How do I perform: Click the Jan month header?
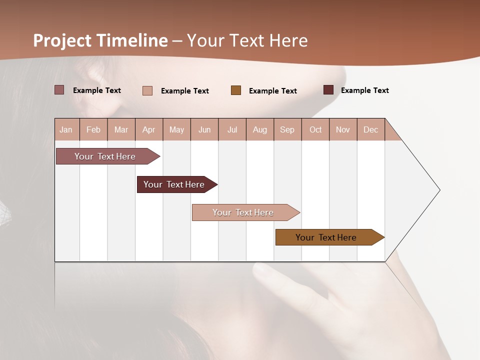(x=66, y=129)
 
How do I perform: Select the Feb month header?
(x=93, y=129)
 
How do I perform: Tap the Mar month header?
(x=121, y=129)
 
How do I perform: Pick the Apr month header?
(x=149, y=129)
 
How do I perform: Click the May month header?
(x=176, y=129)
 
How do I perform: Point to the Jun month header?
(x=204, y=129)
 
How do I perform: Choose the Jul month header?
(x=232, y=129)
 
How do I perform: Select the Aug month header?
(x=260, y=129)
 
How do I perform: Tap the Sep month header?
(x=287, y=129)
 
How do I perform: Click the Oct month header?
(x=315, y=129)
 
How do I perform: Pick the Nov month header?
(x=343, y=129)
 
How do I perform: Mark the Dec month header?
(x=370, y=129)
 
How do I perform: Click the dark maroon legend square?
(x=328, y=90)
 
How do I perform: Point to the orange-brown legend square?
(x=236, y=90)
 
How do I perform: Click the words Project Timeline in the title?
(x=100, y=40)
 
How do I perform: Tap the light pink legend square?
(x=147, y=90)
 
